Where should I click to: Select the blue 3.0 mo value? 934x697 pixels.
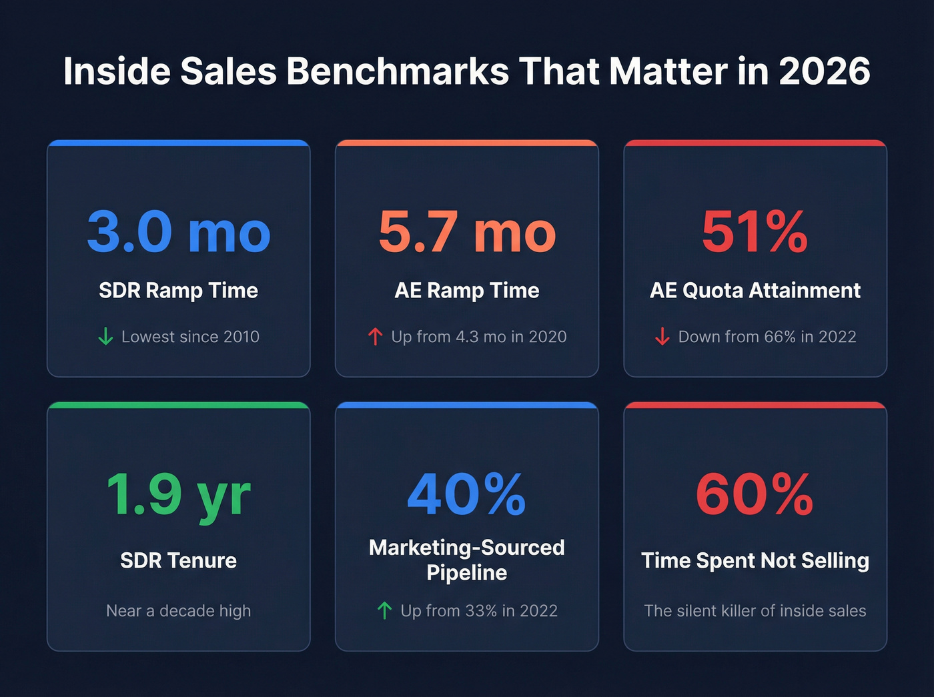[x=179, y=232]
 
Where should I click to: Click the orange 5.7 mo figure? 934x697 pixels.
[x=467, y=232]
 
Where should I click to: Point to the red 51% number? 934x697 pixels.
[x=755, y=232]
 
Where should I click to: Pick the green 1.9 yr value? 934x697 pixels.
[x=179, y=494]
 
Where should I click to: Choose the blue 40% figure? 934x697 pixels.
[x=467, y=494]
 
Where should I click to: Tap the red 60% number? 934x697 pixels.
[x=755, y=494]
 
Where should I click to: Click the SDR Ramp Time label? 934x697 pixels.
[x=179, y=291]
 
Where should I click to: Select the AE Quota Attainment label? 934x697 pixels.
[x=755, y=291]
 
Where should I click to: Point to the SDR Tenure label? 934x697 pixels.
[x=179, y=560]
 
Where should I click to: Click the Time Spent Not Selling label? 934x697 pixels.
[x=755, y=560]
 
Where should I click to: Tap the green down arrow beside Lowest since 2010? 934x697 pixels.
[x=105, y=337]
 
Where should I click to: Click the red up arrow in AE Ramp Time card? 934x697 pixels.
[x=375, y=337]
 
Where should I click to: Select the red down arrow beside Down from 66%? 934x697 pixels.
[x=662, y=337]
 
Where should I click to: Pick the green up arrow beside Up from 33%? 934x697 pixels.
[x=384, y=610]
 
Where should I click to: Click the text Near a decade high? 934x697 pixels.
[x=179, y=611]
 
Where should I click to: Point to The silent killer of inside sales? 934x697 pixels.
[x=755, y=611]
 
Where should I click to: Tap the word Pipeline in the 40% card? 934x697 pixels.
[x=467, y=573]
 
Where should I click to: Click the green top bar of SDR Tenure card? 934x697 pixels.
[x=179, y=405]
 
